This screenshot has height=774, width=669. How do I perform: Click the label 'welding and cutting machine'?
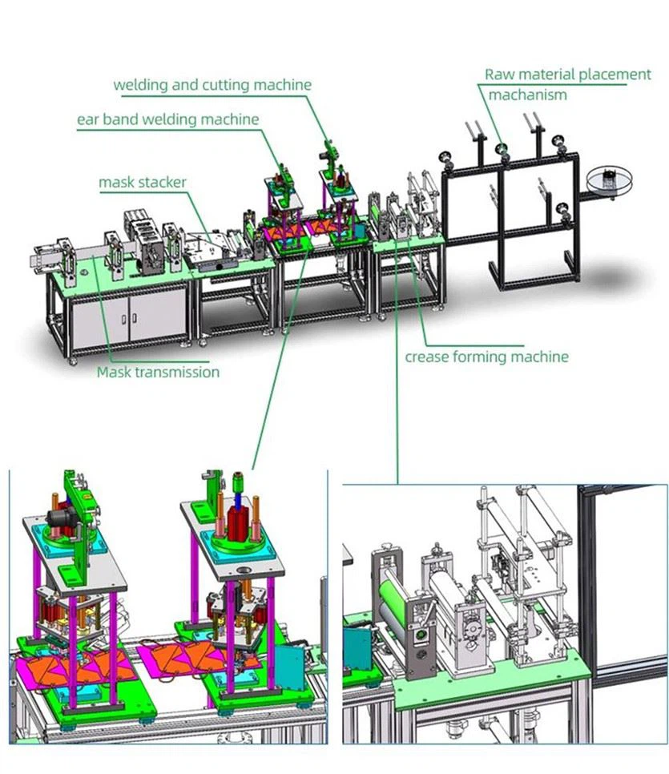pyautogui.click(x=212, y=84)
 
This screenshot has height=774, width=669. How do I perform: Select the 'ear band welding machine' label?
pyautogui.click(x=167, y=119)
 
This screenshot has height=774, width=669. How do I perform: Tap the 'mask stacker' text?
pyautogui.click(x=143, y=183)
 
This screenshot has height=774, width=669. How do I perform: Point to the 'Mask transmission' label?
pyautogui.click(x=158, y=372)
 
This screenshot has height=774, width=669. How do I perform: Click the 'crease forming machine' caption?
pyautogui.click(x=486, y=357)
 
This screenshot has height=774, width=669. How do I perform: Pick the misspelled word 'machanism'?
pyautogui.click(x=527, y=95)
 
